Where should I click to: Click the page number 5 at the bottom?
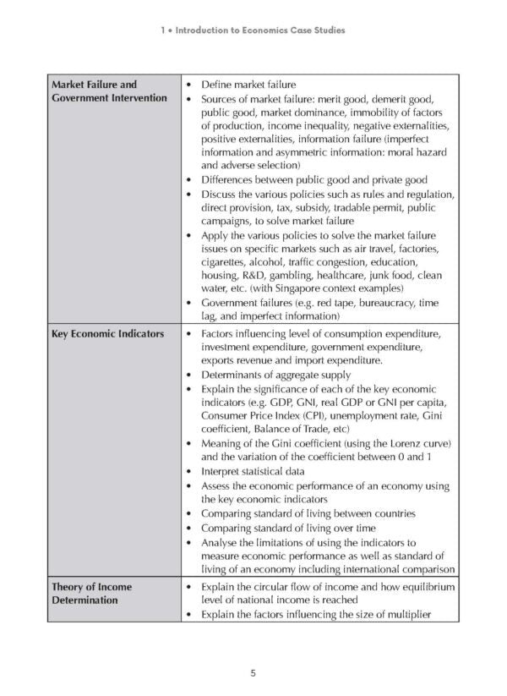(x=253, y=672)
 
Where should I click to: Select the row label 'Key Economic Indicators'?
(x=107, y=333)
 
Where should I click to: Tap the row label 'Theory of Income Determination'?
(x=91, y=593)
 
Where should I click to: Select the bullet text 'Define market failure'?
(x=248, y=85)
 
